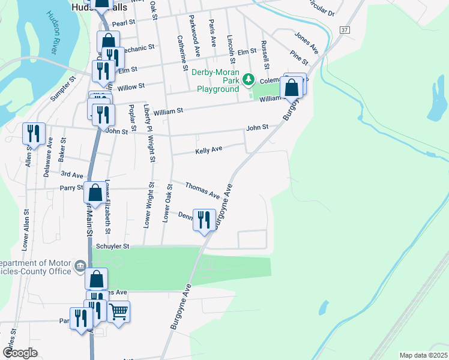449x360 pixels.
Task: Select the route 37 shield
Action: click(343, 29)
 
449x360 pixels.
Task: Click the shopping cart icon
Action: click(119, 311)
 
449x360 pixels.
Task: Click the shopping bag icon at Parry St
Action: click(95, 193)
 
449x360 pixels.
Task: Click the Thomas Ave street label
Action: click(202, 190)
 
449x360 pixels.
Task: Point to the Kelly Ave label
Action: click(209, 149)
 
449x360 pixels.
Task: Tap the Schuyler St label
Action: click(113, 246)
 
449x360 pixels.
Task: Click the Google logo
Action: click(20, 353)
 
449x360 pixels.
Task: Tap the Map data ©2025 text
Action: click(423, 355)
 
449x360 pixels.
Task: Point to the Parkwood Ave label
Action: click(194, 36)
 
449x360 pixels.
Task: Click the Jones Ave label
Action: click(306, 40)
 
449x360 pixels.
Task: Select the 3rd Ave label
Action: click(72, 175)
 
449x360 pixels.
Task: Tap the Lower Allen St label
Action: click(26, 230)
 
